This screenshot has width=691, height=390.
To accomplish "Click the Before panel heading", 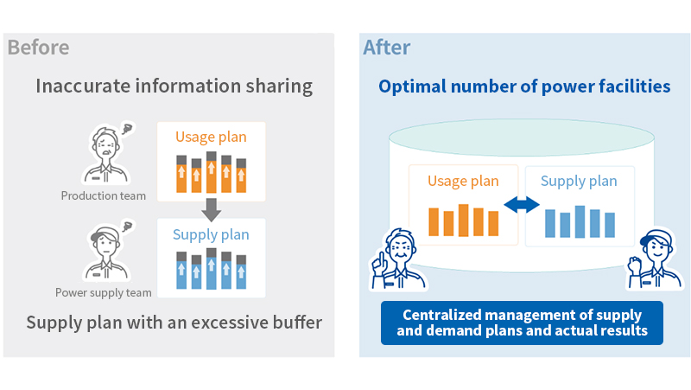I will pyautogui.click(x=38, y=48).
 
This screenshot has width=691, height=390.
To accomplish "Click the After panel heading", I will pyautogui.click(x=387, y=48).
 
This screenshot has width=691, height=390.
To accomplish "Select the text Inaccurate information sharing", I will pyautogui.click(x=174, y=86).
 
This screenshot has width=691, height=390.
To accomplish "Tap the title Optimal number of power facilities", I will pyautogui.click(x=524, y=87).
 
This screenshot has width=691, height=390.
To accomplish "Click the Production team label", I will pyautogui.click(x=103, y=195).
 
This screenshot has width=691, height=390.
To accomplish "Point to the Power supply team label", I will pyautogui.click(x=103, y=292).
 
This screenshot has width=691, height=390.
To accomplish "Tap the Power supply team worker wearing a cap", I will pyautogui.click(x=104, y=251).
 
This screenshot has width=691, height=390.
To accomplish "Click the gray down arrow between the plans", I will pyautogui.click(x=211, y=208).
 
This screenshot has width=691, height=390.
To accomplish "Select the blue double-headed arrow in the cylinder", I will pyautogui.click(x=522, y=205).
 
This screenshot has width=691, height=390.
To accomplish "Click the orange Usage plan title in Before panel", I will pyautogui.click(x=211, y=137).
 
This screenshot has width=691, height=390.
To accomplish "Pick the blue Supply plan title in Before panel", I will pyautogui.click(x=211, y=234).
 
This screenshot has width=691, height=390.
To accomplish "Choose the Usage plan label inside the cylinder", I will pyautogui.click(x=464, y=181).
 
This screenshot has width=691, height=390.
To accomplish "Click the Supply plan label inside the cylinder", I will pyautogui.click(x=579, y=181).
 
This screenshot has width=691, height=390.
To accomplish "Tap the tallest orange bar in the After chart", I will pyautogui.click(x=464, y=220).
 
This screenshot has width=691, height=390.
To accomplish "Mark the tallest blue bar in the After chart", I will pyautogui.click(x=580, y=221).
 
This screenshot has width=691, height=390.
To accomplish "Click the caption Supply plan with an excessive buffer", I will pyautogui.click(x=174, y=323).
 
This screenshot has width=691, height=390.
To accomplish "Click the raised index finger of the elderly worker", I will pyautogui.click(x=376, y=257).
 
